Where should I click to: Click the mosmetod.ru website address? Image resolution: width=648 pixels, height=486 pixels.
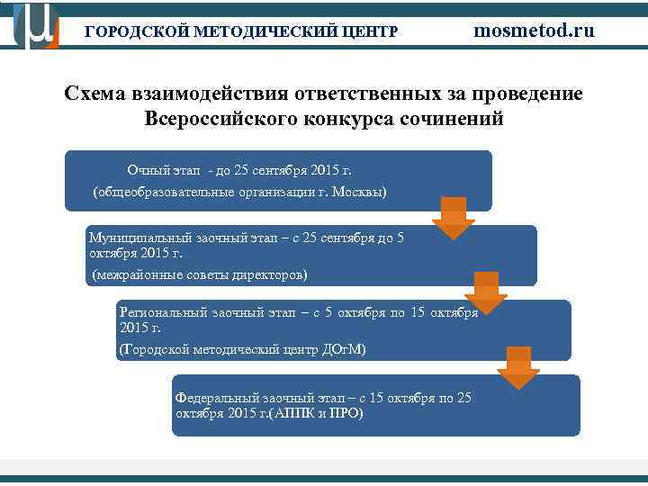point(534,31)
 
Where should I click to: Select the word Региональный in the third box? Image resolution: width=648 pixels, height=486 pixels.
point(162,312)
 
